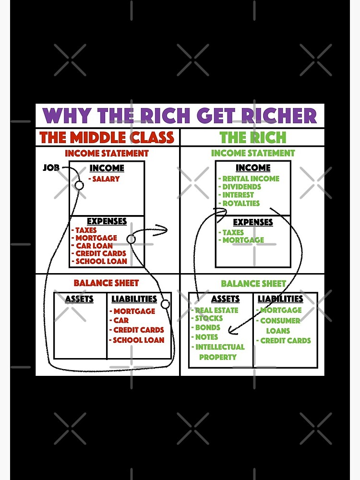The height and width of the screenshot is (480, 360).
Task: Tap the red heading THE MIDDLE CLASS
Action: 107,138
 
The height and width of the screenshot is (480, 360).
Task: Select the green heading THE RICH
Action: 253,138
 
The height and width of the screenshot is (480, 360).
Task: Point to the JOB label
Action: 52,168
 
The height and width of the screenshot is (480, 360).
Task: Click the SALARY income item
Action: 106,179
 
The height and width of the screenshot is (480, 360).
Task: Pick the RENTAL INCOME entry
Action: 251,179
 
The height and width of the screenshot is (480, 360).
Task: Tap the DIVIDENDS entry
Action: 241,187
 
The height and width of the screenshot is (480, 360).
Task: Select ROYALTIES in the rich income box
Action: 241,203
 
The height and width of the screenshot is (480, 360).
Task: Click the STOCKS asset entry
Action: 209,318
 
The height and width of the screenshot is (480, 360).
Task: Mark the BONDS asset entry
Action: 207,327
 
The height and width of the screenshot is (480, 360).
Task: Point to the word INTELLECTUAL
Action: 220,347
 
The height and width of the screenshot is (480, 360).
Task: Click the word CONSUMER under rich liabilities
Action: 280,321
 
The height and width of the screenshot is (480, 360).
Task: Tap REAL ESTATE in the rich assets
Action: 216,310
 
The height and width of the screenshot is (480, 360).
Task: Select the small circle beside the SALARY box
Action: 79,185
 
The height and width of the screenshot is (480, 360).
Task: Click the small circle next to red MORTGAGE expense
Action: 131,239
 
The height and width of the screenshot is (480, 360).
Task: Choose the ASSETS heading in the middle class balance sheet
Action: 79,299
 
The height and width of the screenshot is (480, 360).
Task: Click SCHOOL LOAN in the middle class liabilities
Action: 138,340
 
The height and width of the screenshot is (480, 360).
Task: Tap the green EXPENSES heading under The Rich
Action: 253,222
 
